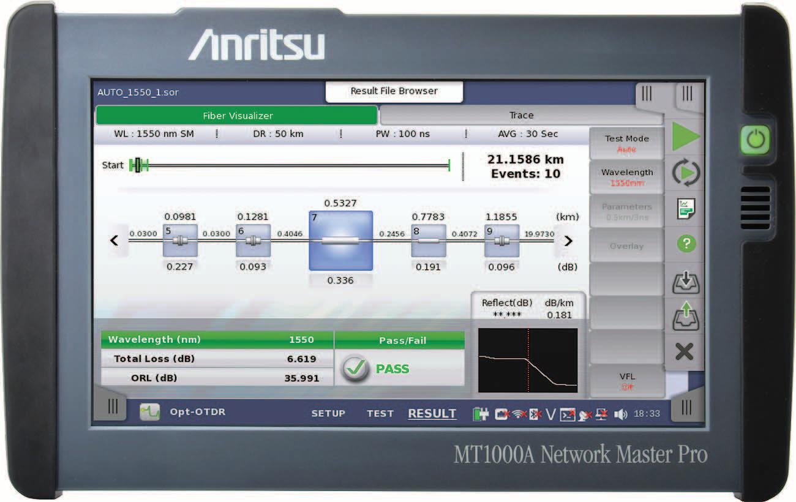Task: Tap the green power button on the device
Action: pos(755,140)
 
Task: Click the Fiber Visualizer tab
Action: pos(238,115)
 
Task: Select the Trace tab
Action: pos(521,115)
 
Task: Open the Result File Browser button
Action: pos(394,91)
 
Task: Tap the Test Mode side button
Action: pos(626,143)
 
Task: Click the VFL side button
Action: pos(626,381)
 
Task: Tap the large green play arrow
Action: pos(686,137)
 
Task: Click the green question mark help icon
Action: pos(686,244)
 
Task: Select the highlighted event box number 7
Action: pos(340,241)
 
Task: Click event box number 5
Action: pos(180,241)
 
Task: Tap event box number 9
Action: pos(501,241)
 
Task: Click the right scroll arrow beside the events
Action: pos(568,241)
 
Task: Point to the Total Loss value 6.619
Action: pos(301,359)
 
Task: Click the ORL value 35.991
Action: pos(301,378)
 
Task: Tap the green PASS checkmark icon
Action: pos(355,369)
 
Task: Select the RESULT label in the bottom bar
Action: pos(432,413)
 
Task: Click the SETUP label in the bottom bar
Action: pos(328,413)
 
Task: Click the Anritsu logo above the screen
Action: pos(256,46)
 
